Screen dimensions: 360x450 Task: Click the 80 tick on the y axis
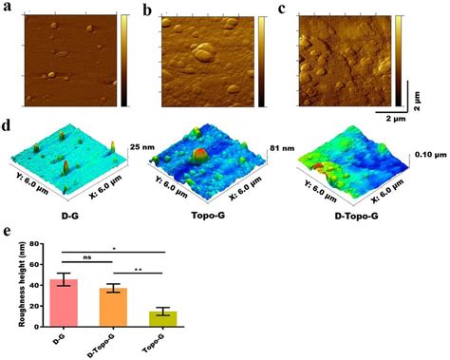point(33,244)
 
